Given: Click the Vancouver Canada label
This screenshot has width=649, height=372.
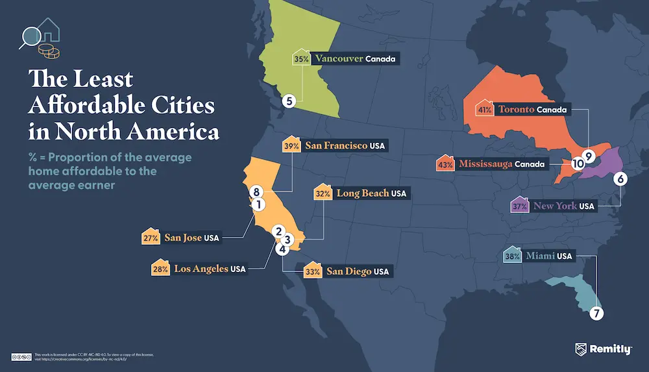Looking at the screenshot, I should pyautogui.click(x=354, y=59).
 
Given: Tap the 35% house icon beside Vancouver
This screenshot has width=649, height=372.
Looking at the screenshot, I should pyautogui.click(x=301, y=58).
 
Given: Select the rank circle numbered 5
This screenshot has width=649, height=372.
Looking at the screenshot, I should pyautogui.click(x=289, y=101).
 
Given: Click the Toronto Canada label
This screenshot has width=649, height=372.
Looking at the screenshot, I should pyautogui.click(x=532, y=110).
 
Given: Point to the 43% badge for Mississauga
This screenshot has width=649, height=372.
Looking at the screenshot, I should pyautogui.click(x=445, y=164).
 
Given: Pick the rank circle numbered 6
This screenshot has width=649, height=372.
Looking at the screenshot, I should pyautogui.click(x=620, y=179).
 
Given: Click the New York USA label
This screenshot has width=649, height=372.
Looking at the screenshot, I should pyautogui.click(x=563, y=206).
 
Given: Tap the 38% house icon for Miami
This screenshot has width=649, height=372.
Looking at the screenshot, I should pyautogui.click(x=511, y=255).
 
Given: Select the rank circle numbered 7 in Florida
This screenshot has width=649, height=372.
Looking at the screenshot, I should pyautogui.click(x=596, y=313).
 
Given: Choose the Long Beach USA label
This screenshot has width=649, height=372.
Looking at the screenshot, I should pyautogui.click(x=371, y=193).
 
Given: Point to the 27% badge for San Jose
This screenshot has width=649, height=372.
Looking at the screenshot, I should pyautogui.click(x=151, y=238).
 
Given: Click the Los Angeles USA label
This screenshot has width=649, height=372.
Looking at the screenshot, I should pyautogui.click(x=209, y=268).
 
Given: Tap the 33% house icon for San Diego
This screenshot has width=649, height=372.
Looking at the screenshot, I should pyautogui.click(x=313, y=271).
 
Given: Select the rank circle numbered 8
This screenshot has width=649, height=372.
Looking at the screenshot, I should pyautogui.click(x=256, y=192).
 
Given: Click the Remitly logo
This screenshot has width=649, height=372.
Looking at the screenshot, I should pyautogui.click(x=603, y=350).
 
